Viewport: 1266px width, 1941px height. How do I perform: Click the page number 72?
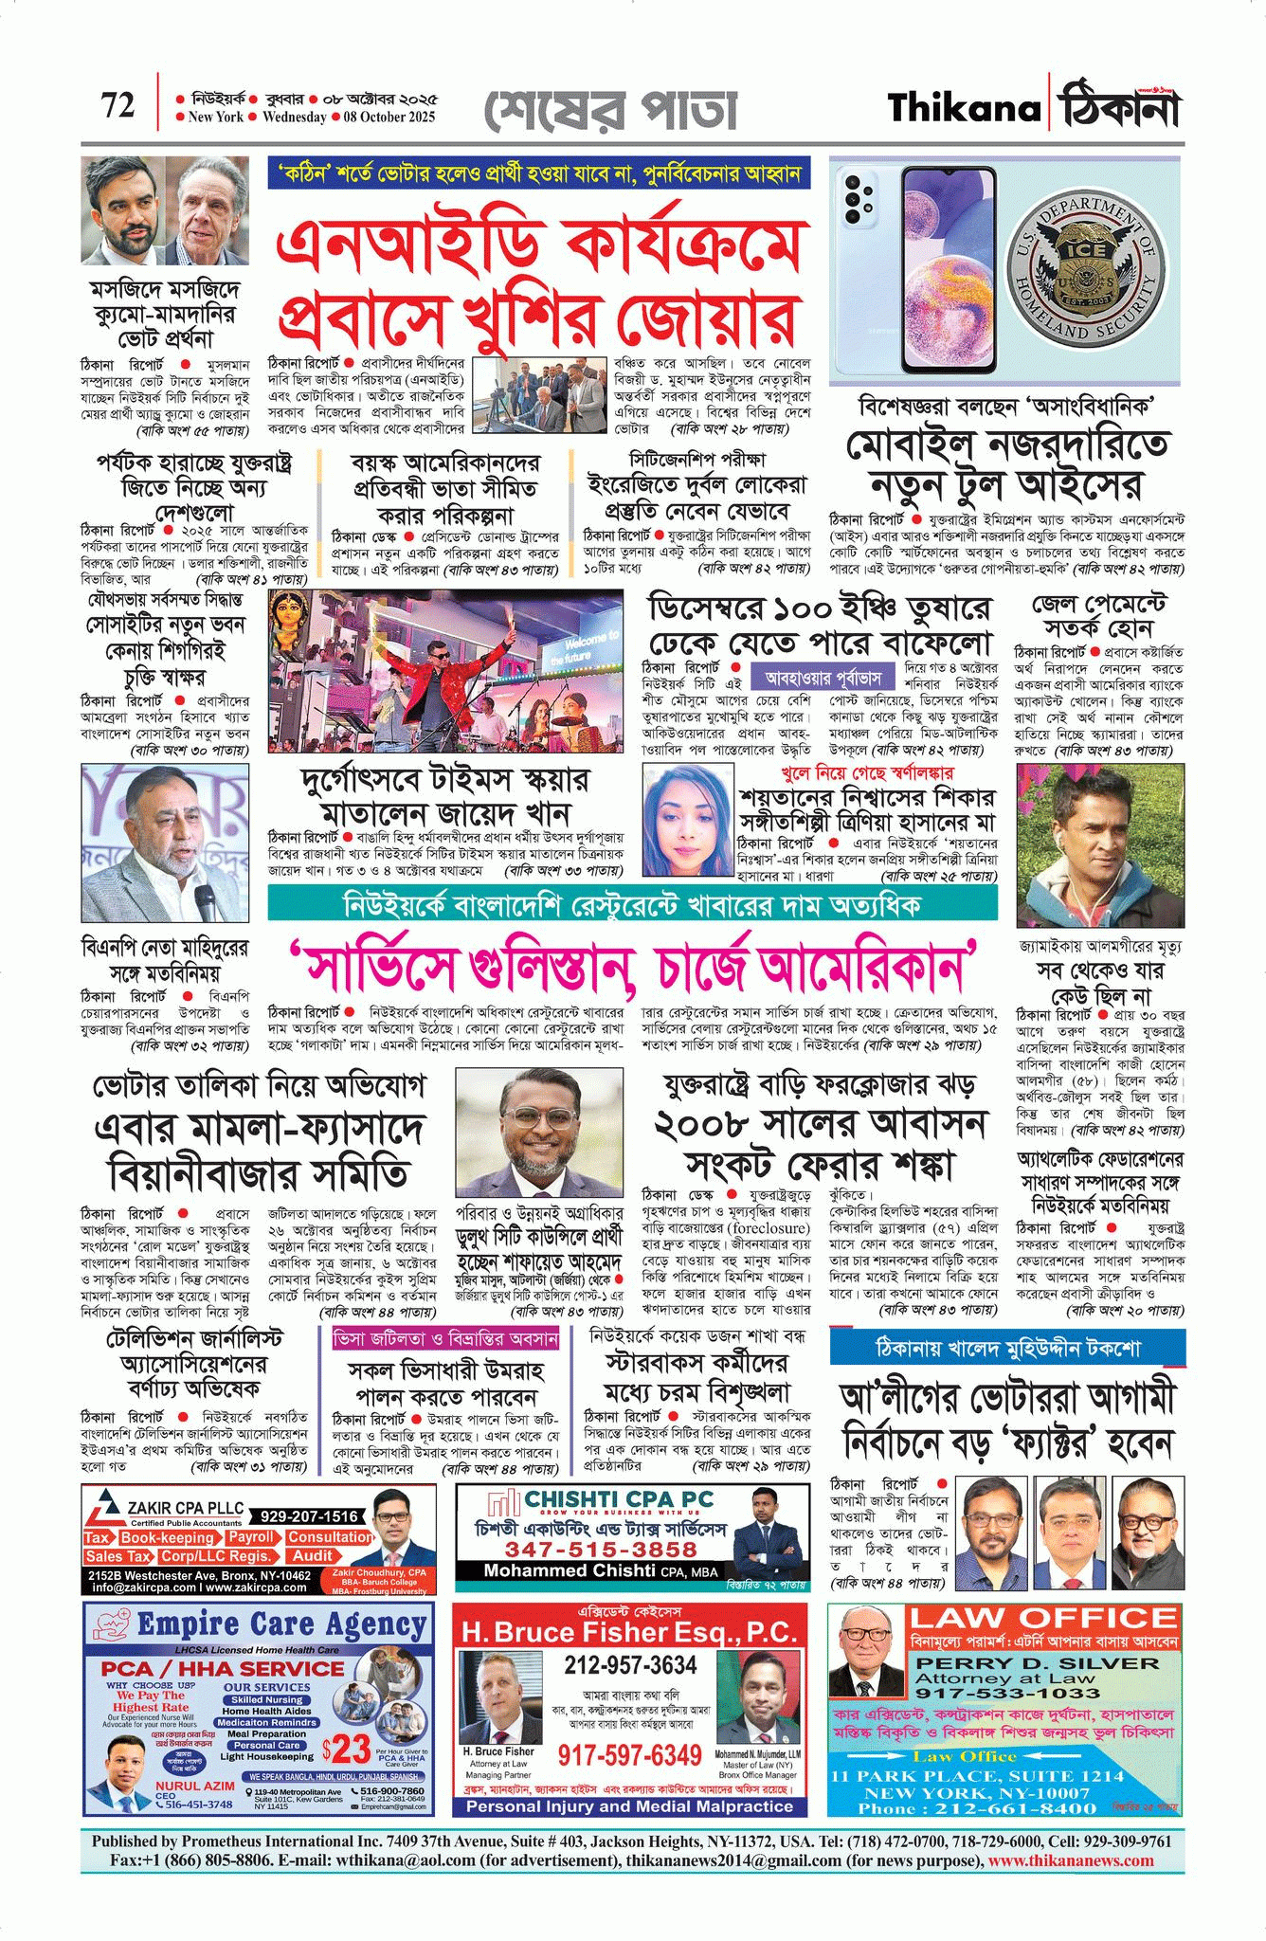point(118,105)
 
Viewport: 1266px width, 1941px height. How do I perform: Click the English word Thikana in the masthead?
point(963,108)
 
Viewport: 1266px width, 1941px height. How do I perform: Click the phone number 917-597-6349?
point(629,1754)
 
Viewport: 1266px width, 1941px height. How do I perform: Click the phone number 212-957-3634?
point(630,1665)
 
